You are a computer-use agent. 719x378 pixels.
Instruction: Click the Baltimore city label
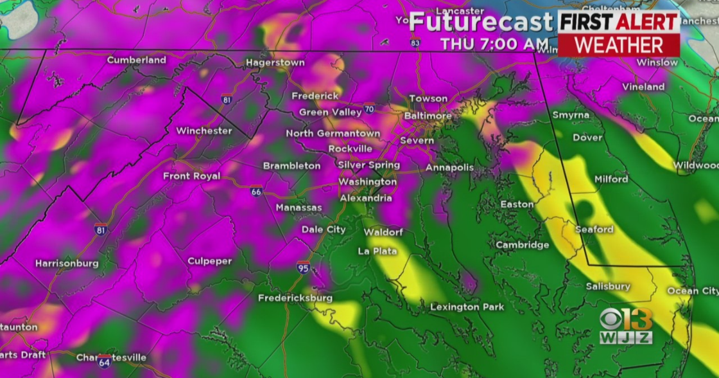point(428,116)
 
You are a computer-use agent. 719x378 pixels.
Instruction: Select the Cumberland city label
point(136,60)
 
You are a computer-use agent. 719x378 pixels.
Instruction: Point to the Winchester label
point(204,130)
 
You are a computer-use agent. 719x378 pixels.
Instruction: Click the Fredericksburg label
point(295,298)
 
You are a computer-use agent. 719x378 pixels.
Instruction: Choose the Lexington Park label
point(463,307)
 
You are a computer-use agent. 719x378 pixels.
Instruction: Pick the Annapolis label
point(449,168)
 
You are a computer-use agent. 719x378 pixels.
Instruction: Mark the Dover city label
point(587,138)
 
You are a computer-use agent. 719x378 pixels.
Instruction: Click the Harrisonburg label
point(67,263)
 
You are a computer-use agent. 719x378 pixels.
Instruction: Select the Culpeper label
point(209,260)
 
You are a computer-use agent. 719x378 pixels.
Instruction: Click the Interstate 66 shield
point(256,191)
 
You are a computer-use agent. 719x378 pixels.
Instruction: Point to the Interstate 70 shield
point(368,109)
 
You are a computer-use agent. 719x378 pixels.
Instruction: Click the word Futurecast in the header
point(481,22)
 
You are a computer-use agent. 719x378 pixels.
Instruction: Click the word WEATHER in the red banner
point(618,45)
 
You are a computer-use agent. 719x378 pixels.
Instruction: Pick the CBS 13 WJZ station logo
point(626,326)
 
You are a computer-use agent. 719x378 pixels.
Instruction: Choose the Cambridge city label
point(522,245)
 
